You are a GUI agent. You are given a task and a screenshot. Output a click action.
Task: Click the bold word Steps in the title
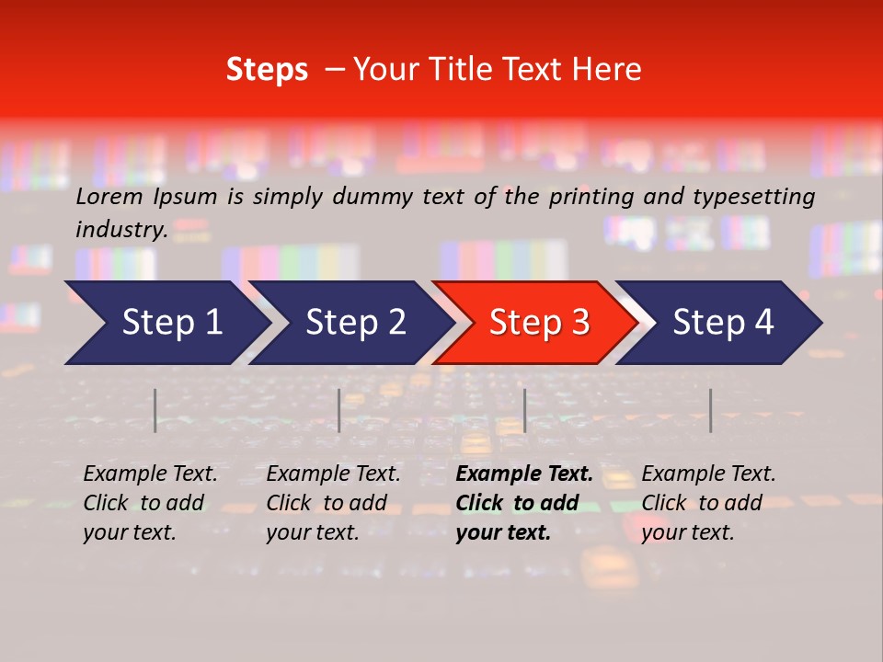pyautogui.click(x=267, y=70)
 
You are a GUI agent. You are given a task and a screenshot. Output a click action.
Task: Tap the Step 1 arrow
pyautogui.click(x=166, y=323)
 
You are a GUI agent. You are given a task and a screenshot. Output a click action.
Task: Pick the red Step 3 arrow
pyautogui.click(x=536, y=323)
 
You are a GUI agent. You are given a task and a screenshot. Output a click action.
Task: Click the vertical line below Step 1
pyautogui.click(x=155, y=410)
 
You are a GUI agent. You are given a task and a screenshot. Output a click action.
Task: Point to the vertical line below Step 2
pyautogui.click(x=339, y=410)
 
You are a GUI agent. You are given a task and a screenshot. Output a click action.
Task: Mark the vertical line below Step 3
pyautogui.click(x=524, y=410)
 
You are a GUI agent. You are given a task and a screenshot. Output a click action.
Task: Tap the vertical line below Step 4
pyautogui.click(x=710, y=410)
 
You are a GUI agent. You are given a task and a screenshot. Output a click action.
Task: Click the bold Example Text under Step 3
pyautogui.click(x=524, y=474)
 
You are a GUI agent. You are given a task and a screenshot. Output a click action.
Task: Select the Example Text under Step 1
pyautogui.click(x=150, y=474)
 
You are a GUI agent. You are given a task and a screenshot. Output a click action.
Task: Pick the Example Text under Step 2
pyautogui.click(x=333, y=474)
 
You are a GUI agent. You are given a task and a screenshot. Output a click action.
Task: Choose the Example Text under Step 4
pyautogui.click(x=708, y=474)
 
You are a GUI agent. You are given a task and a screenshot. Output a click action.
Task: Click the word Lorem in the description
pyautogui.click(x=109, y=197)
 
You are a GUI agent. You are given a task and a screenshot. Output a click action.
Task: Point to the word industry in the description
pyautogui.click(x=121, y=230)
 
